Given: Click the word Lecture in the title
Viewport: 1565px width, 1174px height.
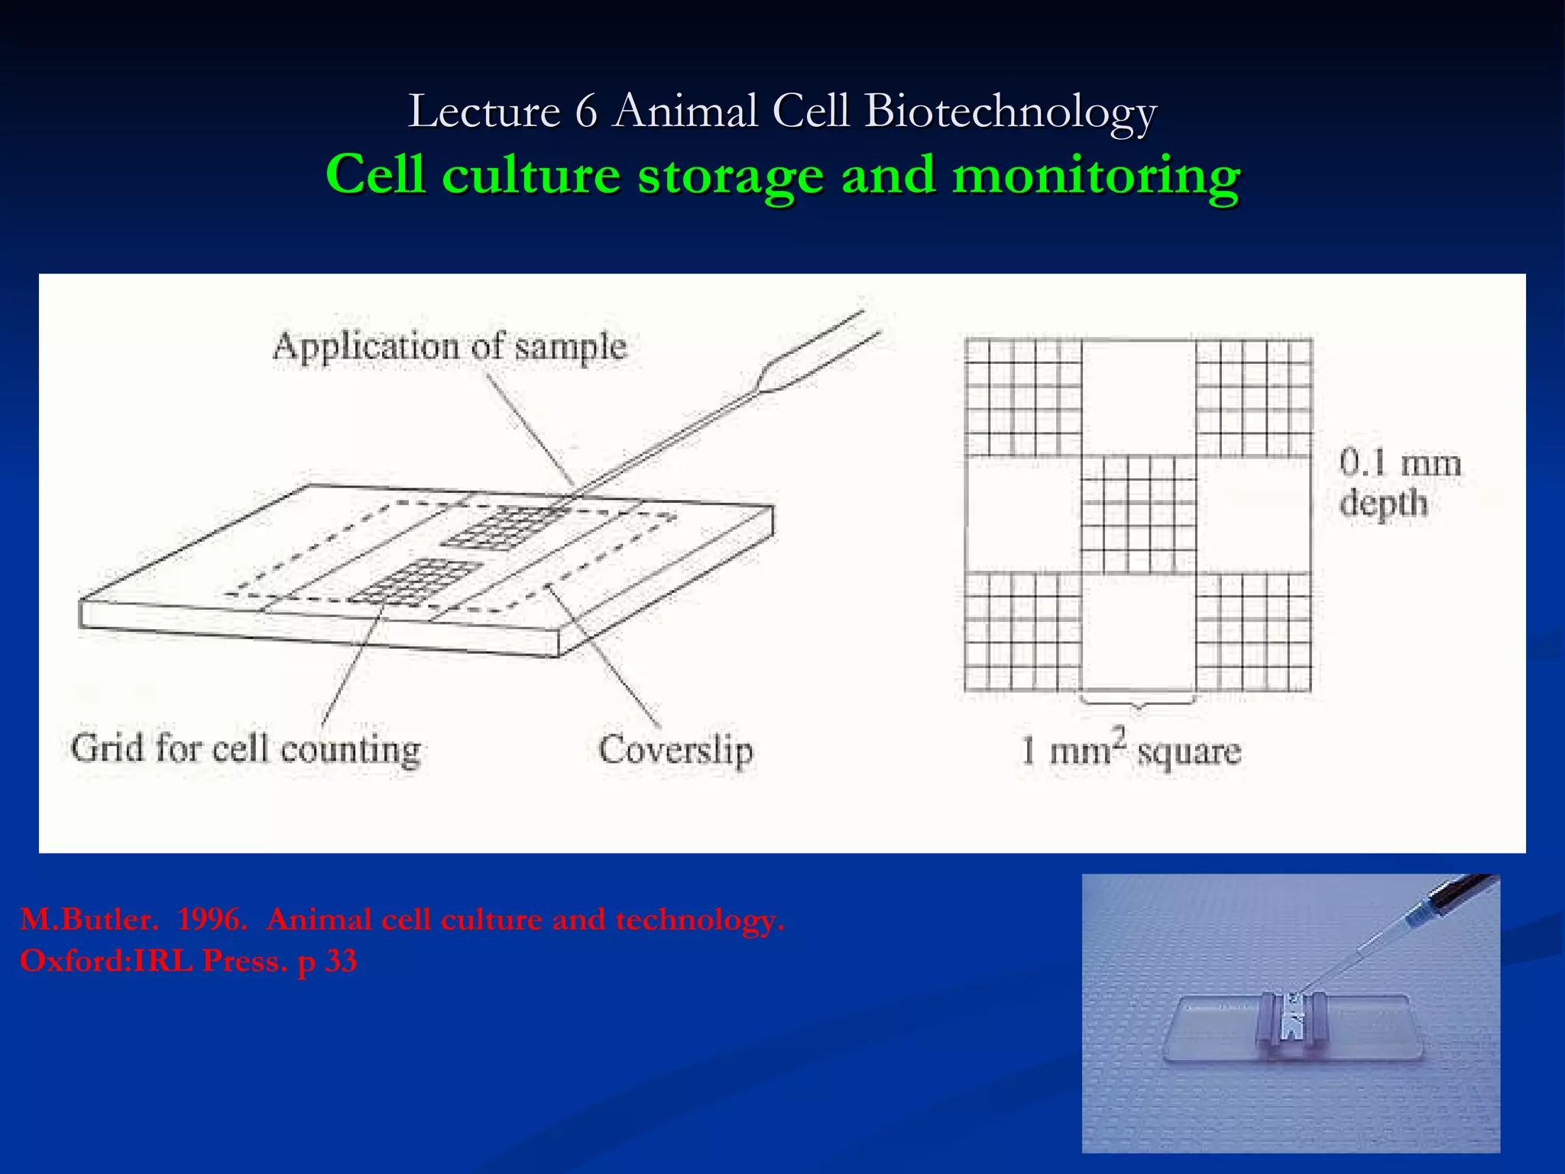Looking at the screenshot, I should click(x=484, y=112).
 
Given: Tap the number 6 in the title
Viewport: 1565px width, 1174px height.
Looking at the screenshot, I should click(x=585, y=112).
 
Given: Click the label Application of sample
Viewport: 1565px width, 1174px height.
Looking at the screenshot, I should click(x=449, y=347).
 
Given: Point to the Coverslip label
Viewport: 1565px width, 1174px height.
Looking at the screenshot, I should click(x=676, y=749).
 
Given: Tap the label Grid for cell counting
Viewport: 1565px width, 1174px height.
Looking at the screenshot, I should click(x=245, y=748).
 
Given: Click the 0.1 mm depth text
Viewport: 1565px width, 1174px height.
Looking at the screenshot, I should click(x=1398, y=483).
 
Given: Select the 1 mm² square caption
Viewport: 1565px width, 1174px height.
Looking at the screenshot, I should click(x=1131, y=751).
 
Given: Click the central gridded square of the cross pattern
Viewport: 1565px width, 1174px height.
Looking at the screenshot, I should click(x=1139, y=514).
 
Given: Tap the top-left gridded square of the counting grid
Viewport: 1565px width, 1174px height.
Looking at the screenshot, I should click(x=1022, y=397).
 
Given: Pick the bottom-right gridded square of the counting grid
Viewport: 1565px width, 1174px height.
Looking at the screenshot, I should click(x=1254, y=632).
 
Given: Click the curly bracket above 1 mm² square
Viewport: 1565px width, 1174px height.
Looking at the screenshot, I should click(x=1138, y=700).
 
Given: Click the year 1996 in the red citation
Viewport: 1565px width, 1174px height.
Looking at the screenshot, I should click(x=212, y=919).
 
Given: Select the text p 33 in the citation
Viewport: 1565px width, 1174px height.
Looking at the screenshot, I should click(x=327, y=961).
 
